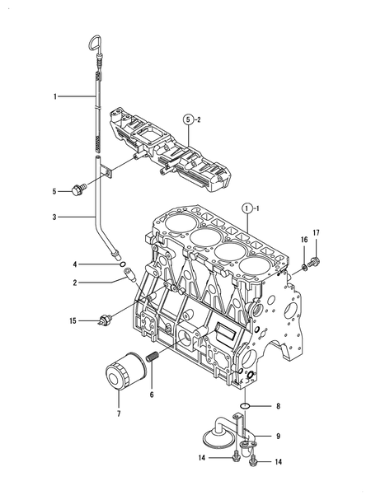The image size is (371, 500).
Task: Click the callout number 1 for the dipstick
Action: [55, 96]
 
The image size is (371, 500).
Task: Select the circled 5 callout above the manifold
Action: [188, 120]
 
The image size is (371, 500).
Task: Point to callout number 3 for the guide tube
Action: [54, 217]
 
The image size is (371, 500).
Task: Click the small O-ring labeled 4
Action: [123, 264]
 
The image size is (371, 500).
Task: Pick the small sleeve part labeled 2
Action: [129, 275]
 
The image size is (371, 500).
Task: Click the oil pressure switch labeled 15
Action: [106, 320]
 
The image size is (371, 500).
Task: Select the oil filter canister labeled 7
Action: [125, 371]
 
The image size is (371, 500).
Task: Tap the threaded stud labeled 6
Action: [152, 357]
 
